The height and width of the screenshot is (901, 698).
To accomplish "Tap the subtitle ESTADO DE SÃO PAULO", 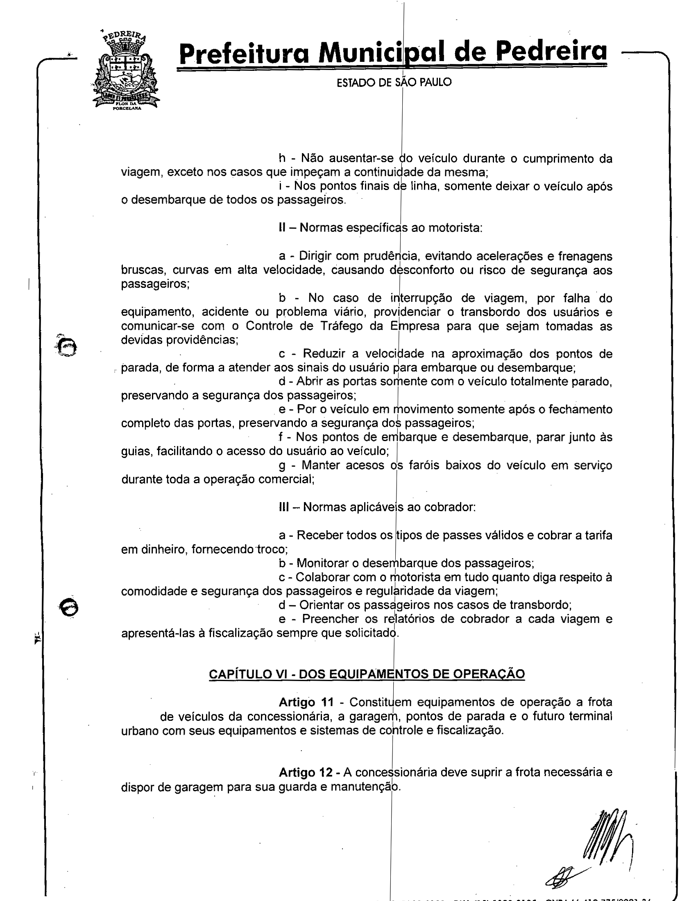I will pos(394,82).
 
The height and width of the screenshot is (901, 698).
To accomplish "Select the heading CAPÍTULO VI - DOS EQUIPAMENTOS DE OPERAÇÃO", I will pos(367,674).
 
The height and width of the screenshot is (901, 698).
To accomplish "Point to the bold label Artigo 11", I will pos(306,702).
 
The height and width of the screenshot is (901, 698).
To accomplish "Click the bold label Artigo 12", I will pos(306,772).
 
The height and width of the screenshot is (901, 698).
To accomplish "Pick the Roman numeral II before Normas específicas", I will pos(282,228).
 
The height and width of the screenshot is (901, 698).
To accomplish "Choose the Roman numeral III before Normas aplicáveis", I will pos(284,507).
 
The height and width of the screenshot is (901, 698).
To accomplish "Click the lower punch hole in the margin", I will pos(69,607).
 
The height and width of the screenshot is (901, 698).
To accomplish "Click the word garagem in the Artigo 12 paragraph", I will pos(199,787).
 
